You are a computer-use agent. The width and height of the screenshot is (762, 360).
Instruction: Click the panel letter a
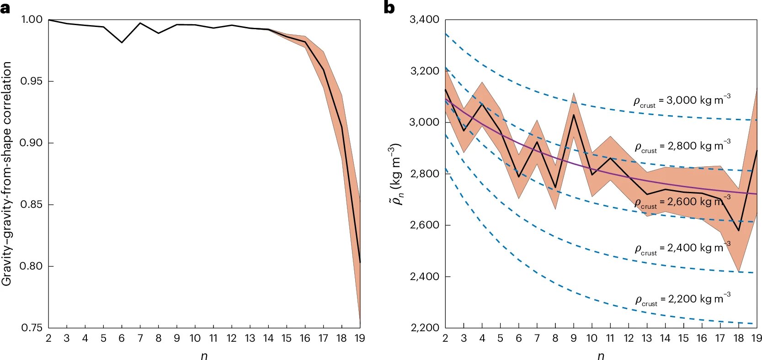(5, 8)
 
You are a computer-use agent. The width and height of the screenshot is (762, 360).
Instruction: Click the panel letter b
(389, 8)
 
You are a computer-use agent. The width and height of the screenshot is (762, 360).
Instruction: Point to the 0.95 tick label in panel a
(31, 81)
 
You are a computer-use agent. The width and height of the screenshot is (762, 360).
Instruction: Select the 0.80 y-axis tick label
(31, 266)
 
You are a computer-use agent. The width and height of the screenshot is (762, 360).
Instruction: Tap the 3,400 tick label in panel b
(424, 20)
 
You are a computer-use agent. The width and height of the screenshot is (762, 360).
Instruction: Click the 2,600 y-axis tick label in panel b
(424, 225)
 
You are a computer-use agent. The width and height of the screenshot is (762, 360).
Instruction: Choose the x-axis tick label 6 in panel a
(122, 339)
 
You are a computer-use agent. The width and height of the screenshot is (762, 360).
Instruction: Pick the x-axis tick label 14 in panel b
(665, 339)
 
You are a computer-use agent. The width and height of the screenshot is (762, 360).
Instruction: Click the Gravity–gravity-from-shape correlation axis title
(6, 174)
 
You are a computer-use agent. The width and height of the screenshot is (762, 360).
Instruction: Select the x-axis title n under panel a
(204, 355)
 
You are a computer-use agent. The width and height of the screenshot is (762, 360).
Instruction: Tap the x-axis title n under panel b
(601, 355)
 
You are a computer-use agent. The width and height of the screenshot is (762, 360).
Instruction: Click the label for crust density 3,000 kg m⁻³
(682, 101)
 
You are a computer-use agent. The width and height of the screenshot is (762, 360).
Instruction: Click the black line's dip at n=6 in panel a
(122, 42)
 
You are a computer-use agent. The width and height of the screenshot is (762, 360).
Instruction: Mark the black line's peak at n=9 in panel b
(574, 114)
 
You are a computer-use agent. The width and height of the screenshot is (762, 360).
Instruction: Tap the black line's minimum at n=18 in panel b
(738, 231)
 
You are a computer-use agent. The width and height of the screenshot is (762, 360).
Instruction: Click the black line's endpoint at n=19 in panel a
(360, 262)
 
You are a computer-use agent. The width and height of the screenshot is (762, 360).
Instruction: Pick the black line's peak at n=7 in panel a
(140, 23)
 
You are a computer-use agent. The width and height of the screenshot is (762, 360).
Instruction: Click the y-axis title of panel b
(394, 174)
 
